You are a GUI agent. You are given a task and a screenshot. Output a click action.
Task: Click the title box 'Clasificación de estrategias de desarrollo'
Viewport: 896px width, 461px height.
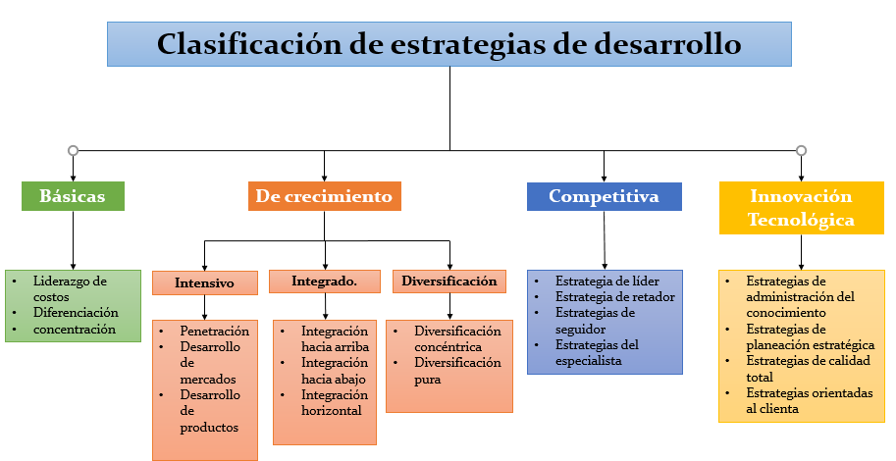(449, 44)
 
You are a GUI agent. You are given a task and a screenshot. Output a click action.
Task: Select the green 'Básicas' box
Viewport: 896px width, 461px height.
(74, 196)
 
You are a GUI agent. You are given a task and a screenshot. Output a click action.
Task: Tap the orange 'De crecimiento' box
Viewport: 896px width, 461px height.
(325, 196)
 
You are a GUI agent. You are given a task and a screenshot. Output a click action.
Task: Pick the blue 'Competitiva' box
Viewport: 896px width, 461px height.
(604, 196)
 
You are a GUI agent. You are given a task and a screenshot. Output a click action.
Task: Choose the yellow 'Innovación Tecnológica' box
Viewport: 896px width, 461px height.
(801, 208)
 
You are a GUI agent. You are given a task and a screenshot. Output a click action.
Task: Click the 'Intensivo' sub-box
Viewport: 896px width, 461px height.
(204, 282)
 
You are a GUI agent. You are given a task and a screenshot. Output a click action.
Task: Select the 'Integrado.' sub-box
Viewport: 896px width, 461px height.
(325, 282)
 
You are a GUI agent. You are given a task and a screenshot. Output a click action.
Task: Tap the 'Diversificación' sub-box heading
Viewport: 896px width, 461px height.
(449, 282)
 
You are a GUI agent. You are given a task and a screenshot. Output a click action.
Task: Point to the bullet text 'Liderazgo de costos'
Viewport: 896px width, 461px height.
(70, 289)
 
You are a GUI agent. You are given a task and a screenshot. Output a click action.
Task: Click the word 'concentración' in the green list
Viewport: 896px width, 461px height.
(75, 330)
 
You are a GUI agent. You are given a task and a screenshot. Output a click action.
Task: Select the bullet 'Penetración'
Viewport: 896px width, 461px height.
(215, 332)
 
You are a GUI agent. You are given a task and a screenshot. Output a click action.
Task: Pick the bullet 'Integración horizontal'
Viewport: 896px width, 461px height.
(335, 403)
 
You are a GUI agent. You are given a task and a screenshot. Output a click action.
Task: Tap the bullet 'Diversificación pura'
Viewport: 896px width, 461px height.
(457, 371)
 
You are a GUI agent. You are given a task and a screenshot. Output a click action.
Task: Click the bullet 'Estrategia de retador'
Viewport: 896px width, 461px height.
(615, 297)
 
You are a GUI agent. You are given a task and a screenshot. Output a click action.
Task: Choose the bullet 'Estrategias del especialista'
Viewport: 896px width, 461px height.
(597, 353)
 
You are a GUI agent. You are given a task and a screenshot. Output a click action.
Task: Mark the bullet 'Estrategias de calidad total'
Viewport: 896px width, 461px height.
(808, 369)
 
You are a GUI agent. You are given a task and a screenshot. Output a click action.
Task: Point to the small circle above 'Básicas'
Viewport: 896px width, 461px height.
(74, 151)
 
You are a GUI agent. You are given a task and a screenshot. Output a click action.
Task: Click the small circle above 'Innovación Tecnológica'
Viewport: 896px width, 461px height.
(801, 151)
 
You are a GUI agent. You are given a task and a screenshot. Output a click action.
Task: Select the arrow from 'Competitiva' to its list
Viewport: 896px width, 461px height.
(604, 240)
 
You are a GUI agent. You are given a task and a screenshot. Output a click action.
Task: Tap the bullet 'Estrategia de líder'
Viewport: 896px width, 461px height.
(606, 282)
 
